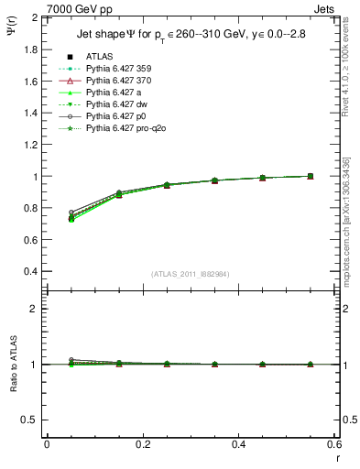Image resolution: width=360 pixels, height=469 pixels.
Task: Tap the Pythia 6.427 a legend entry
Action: [114, 93]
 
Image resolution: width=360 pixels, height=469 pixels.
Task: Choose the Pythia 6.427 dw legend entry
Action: [115, 105]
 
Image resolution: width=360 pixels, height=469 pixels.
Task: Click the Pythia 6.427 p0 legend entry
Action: [115, 117]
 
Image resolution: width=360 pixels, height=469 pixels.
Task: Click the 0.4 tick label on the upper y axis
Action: [32, 272]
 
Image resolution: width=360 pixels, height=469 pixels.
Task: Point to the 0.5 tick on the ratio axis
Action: [32, 420]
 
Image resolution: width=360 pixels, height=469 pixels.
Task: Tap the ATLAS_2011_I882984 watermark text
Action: [190, 274]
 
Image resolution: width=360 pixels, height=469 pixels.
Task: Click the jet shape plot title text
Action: [191, 35]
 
